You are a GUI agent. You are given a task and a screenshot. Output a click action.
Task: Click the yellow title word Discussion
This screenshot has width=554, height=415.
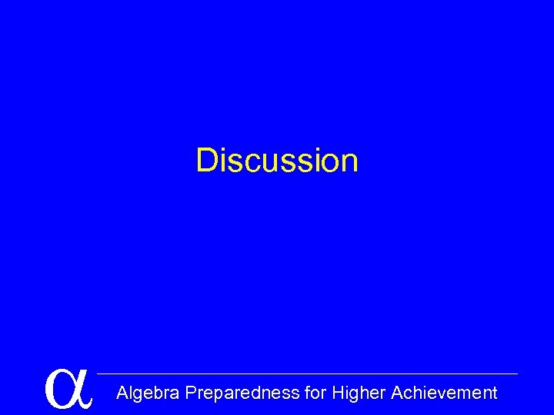coord(277,161)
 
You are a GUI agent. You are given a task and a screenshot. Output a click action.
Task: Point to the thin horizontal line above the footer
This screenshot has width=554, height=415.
coord(308,374)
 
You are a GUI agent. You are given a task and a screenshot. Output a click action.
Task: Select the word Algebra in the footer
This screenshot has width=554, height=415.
coord(149,393)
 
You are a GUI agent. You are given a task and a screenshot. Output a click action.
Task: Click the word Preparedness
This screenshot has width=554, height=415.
coord(243,393)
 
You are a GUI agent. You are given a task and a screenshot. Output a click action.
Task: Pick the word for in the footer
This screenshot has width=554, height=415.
coord(315,393)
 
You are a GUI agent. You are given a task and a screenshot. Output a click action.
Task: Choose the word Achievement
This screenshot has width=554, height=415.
coord(444,393)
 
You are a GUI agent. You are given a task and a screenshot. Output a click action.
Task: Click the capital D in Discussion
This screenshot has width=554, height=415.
coord(207,161)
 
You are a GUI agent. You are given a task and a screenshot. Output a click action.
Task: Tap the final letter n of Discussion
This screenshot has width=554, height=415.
coord(349,162)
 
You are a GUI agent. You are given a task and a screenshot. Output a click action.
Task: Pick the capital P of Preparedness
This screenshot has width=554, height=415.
coord(192,393)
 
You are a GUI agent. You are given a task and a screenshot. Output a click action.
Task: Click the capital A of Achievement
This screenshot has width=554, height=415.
coord(398,393)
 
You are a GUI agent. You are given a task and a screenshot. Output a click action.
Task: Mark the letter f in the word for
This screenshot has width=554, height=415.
coord(308,393)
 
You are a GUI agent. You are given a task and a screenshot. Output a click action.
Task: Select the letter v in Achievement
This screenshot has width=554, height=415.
coord(446,395)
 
